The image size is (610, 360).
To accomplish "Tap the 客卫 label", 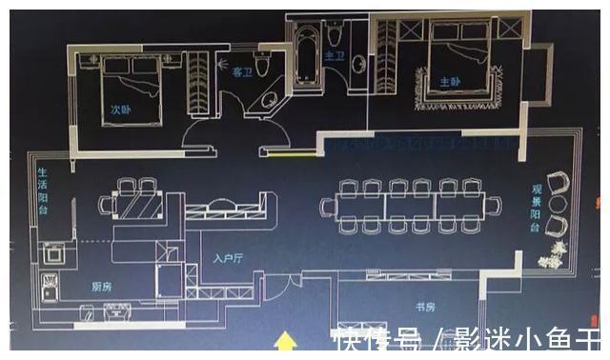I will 243,71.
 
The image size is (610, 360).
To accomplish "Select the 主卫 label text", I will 334,57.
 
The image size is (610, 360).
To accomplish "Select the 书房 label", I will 425,307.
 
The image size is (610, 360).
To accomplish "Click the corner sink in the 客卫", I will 273,103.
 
